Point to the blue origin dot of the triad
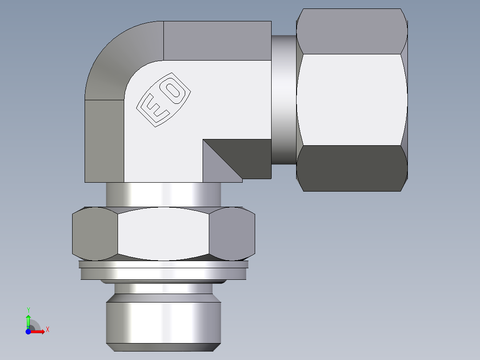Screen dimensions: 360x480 [x=28, y=331]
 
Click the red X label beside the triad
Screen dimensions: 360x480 [x=47, y=330]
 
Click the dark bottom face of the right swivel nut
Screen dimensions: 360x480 [x=352, y=168]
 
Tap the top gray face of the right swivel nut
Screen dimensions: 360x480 [x=352, y=31]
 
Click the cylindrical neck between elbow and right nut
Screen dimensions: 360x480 [x=284, y=100]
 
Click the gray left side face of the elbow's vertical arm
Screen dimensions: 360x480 [x=104, y=141]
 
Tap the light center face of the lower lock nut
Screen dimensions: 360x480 [x=163, y=233]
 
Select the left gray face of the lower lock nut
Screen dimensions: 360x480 [x=94, y=233]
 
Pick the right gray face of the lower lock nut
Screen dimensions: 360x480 [x=232, y=233]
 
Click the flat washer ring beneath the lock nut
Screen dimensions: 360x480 [x=163, y=271]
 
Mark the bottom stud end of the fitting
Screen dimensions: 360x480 [x=163, y=323]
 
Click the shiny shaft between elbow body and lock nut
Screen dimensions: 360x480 [x=163, y=194]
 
